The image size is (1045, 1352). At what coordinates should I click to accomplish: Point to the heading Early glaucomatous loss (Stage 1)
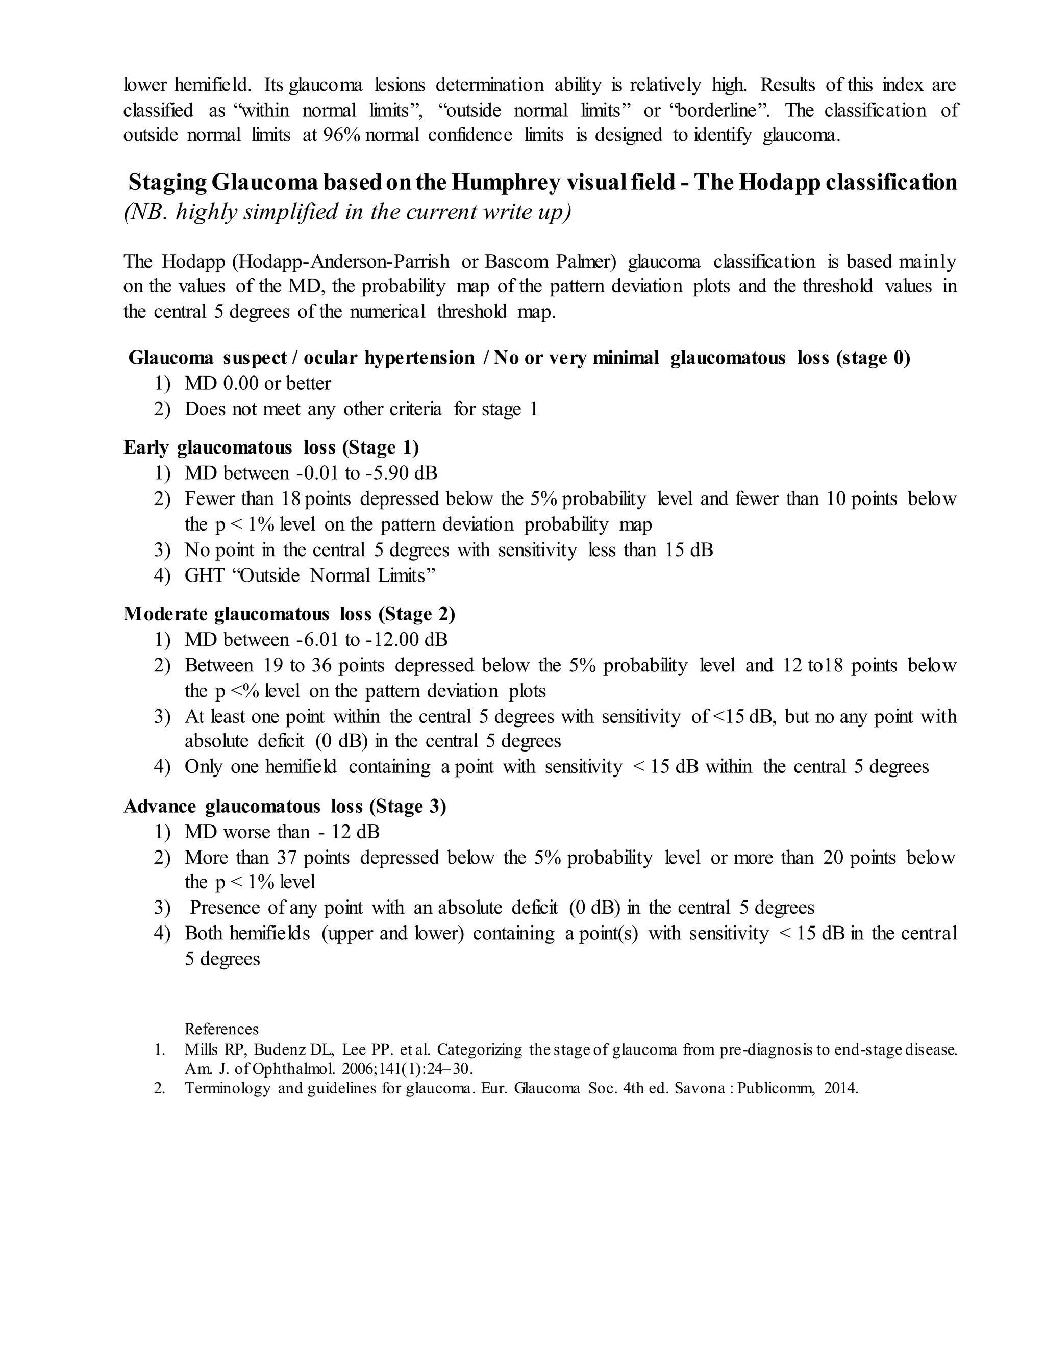click(270, 447)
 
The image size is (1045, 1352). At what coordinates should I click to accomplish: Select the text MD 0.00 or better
click(258, 384)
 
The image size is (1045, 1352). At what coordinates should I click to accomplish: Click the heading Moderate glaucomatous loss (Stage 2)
click(289, 614)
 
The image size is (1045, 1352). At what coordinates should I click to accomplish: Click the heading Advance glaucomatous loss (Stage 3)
click(285, 807)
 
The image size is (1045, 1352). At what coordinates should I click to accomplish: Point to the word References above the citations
click(221, 1029)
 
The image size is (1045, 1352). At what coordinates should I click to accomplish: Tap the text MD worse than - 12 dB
click(282, 832)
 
